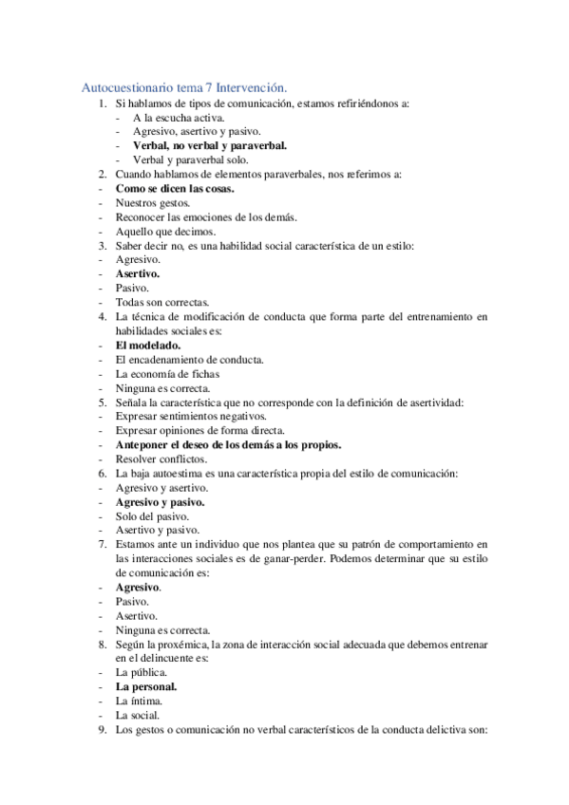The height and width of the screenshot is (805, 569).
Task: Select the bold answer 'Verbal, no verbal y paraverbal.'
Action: click(210, 145)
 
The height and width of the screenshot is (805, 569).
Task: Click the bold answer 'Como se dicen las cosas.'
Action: click(174, 188)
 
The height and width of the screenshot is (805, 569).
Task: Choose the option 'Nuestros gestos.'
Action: click(153, 202)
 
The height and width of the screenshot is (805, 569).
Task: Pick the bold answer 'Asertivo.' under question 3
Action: click(138, 273)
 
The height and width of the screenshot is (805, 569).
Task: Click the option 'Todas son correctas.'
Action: click(162, 302)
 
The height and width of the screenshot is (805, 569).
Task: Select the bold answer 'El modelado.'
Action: click(147, 345)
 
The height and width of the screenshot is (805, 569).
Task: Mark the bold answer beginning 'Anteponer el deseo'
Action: click(228, 444)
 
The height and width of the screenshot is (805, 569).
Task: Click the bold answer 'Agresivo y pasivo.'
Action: click(161, 501)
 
